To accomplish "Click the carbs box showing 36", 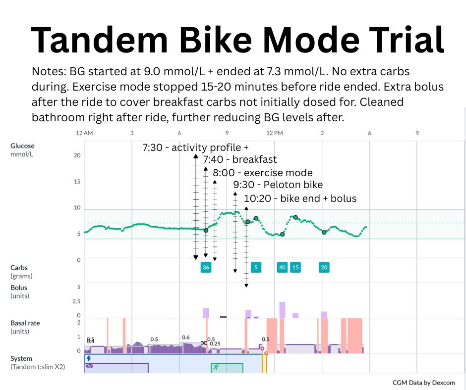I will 206,267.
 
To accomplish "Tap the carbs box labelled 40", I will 282,267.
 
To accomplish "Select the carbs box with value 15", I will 295,267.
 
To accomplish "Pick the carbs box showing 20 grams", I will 324,267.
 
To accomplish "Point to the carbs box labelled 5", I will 256,267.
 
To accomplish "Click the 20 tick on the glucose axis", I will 77,155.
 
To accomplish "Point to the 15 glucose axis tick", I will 77,182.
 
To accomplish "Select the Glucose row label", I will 22,146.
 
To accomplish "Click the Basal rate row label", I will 25,323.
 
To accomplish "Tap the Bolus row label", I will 19,288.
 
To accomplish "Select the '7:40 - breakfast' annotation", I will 240,159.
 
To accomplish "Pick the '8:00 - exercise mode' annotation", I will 263,173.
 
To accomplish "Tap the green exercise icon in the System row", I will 215,367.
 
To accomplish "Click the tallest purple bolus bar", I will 282,310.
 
